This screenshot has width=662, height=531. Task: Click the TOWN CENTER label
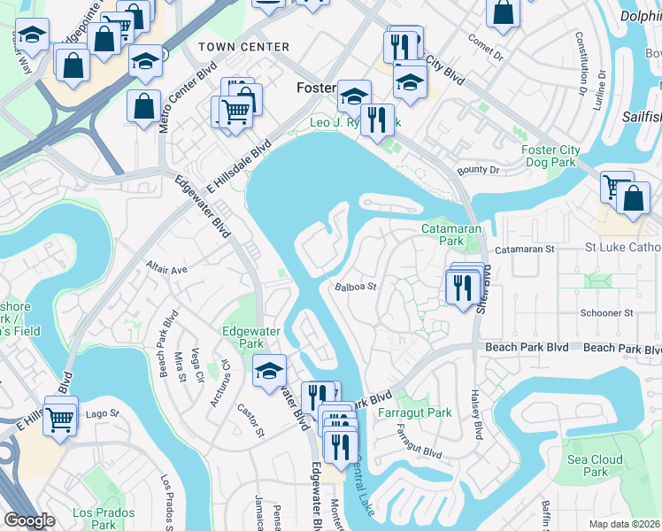coord(243,46)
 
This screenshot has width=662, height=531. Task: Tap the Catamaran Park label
coord(451,235)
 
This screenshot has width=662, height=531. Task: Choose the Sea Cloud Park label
coord(596,466)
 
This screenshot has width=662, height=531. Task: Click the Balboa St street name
coord(357,287)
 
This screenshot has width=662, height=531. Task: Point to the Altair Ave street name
coord(167,269)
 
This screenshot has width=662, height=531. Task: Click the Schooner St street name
coord(606,313)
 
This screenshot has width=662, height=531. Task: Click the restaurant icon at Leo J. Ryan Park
coord(378,118)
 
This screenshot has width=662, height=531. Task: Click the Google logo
coord(29,520)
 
